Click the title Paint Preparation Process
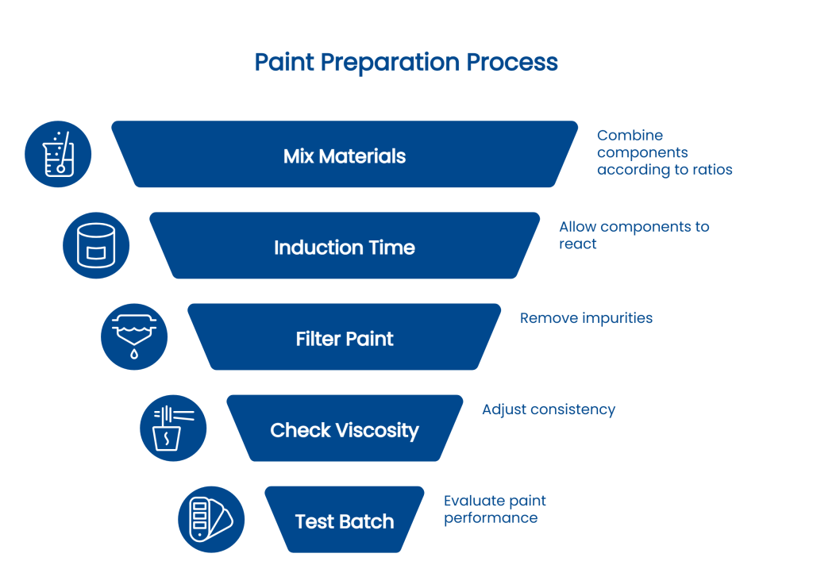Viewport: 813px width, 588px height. point(406,63)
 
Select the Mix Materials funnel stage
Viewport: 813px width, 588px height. point(344,156)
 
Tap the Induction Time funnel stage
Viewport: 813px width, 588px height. point(344,248)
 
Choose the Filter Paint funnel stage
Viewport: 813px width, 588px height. point(344,339)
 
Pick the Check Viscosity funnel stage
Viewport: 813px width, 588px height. point(344,430)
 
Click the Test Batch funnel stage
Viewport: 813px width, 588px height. point(344,521)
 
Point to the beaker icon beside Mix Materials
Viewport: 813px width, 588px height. point(58,154)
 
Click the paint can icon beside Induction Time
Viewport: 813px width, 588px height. point(96,245)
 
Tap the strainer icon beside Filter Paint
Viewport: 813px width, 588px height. point(134,336)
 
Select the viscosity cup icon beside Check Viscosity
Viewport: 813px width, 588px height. point(172,429)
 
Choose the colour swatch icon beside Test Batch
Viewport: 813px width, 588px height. point(210,520)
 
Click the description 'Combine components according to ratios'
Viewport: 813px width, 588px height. point(664,152)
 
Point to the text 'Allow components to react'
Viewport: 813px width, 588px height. point(634,235)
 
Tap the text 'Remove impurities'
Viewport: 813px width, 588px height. point(586,318)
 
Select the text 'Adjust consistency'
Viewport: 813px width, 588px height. point(548,409)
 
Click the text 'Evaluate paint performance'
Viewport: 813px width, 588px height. point(495,509)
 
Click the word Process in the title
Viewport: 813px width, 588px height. point(513,63)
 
